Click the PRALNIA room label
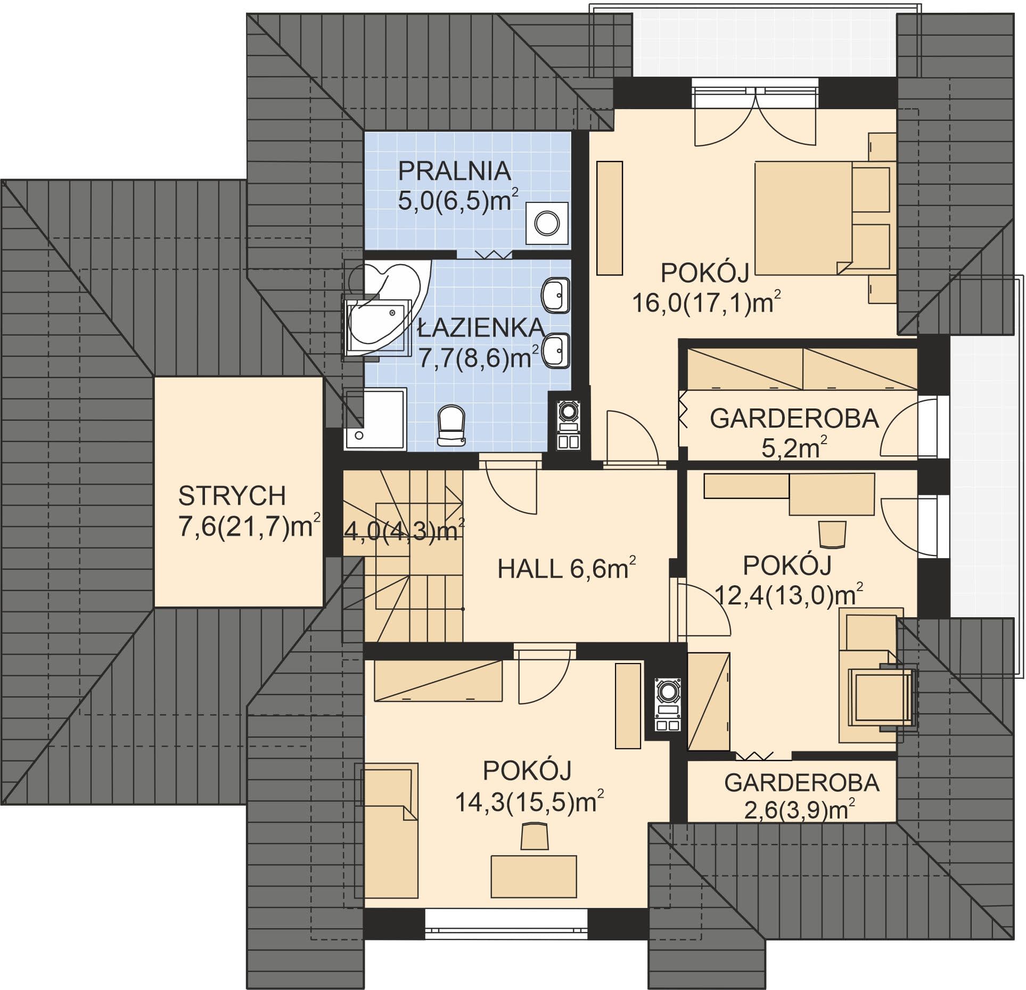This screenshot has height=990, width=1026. [455, 171]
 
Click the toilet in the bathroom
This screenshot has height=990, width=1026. [451, 425]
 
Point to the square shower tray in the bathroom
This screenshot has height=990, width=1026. [375, 419]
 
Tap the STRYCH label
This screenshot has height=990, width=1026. [232, 496]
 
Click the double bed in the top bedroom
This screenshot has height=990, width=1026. [823, 218]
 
